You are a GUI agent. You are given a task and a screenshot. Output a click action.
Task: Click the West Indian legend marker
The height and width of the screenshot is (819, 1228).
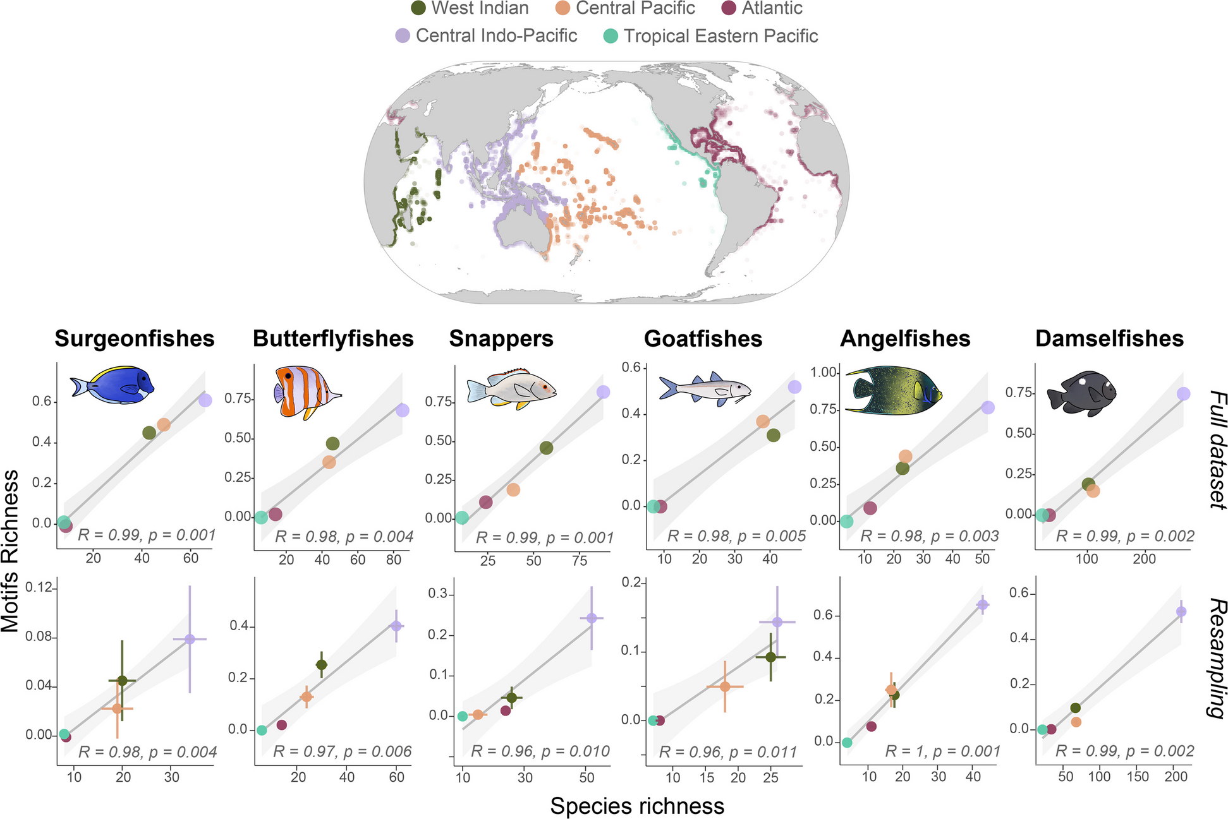pos(418,8)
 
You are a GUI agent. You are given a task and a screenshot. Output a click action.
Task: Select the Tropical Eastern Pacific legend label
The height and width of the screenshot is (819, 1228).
pos(720,36)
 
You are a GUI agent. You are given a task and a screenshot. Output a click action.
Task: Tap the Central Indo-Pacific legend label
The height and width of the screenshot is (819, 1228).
pos(496,35)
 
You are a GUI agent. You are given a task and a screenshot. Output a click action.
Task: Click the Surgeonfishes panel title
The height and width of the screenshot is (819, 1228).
pos(135,338)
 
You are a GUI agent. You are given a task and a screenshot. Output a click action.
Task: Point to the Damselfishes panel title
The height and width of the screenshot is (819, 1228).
pos(1109,338)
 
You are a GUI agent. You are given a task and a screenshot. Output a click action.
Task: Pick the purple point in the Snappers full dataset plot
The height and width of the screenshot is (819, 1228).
pos(603,392)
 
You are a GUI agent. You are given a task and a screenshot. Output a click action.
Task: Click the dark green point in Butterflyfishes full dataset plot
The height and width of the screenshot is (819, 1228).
pos(332,443)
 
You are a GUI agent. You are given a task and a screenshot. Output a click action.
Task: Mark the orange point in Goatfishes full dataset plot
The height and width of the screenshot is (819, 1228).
pos(763,421)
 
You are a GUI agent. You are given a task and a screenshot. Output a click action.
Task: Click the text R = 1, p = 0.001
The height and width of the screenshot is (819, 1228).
pos(942,751)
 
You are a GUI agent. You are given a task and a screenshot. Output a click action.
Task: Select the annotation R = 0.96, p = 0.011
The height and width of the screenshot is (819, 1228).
pos(728,751)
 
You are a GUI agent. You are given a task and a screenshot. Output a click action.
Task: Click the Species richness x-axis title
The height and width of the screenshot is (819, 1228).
pos(637,806)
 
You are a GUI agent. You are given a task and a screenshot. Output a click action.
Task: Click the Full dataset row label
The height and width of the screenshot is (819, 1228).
pos(1217,450)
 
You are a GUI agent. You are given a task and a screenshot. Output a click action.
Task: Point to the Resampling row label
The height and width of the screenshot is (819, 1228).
pos(1217,658)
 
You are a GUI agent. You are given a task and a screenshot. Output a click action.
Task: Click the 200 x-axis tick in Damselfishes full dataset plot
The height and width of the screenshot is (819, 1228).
pos(1144,559)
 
